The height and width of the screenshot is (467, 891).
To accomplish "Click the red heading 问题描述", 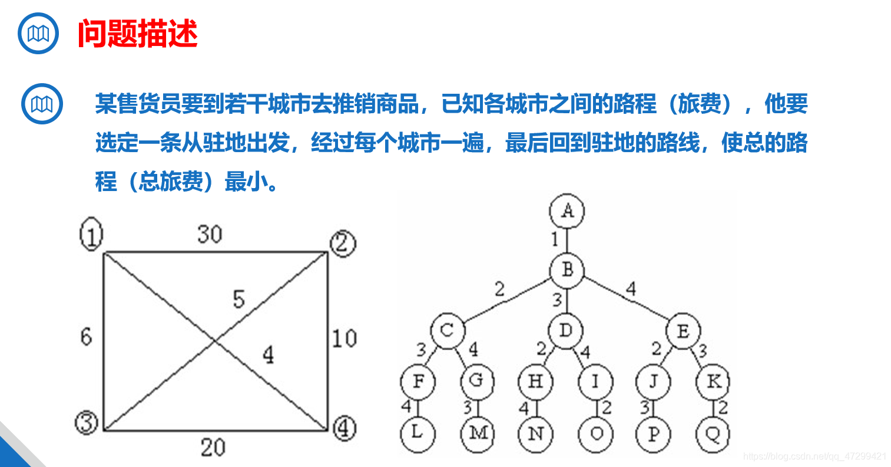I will coord(137,34).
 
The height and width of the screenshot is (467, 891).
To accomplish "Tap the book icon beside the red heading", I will coord(38,34).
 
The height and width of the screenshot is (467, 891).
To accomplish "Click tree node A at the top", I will coord(567,211).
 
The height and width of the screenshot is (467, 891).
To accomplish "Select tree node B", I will coord(567,270).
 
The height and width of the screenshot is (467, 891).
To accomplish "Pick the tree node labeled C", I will coord(448,330).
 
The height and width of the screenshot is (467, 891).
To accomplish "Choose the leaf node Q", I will coord(713,434).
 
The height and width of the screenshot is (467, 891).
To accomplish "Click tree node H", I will coord(535,382).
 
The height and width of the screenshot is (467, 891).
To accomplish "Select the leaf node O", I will coord(596,434).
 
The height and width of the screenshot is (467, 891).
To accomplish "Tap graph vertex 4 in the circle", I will coord(344,427).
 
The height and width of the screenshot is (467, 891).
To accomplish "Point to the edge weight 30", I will coord(210,235).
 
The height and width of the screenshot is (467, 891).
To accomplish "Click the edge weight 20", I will coord(213,448).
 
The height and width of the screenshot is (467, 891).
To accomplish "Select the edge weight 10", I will coord(344,338).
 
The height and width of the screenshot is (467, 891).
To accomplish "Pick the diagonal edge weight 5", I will coord(239,299).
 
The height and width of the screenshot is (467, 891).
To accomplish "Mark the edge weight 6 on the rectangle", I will coord(87,336).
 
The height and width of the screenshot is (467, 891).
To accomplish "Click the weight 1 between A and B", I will coord(554,239).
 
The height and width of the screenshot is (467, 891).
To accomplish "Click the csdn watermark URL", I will coord(814,456).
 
